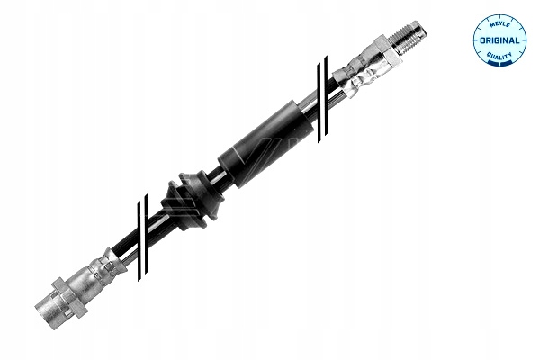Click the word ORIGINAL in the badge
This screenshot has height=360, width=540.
click(x=499, y=40)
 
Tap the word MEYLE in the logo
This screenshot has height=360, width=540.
click(x=499, y=24)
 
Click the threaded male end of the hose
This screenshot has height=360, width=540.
click(x=409, y=38)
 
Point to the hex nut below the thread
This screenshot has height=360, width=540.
click(x=389, y=50)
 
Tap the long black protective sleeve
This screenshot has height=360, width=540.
click(x=265, y=144)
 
